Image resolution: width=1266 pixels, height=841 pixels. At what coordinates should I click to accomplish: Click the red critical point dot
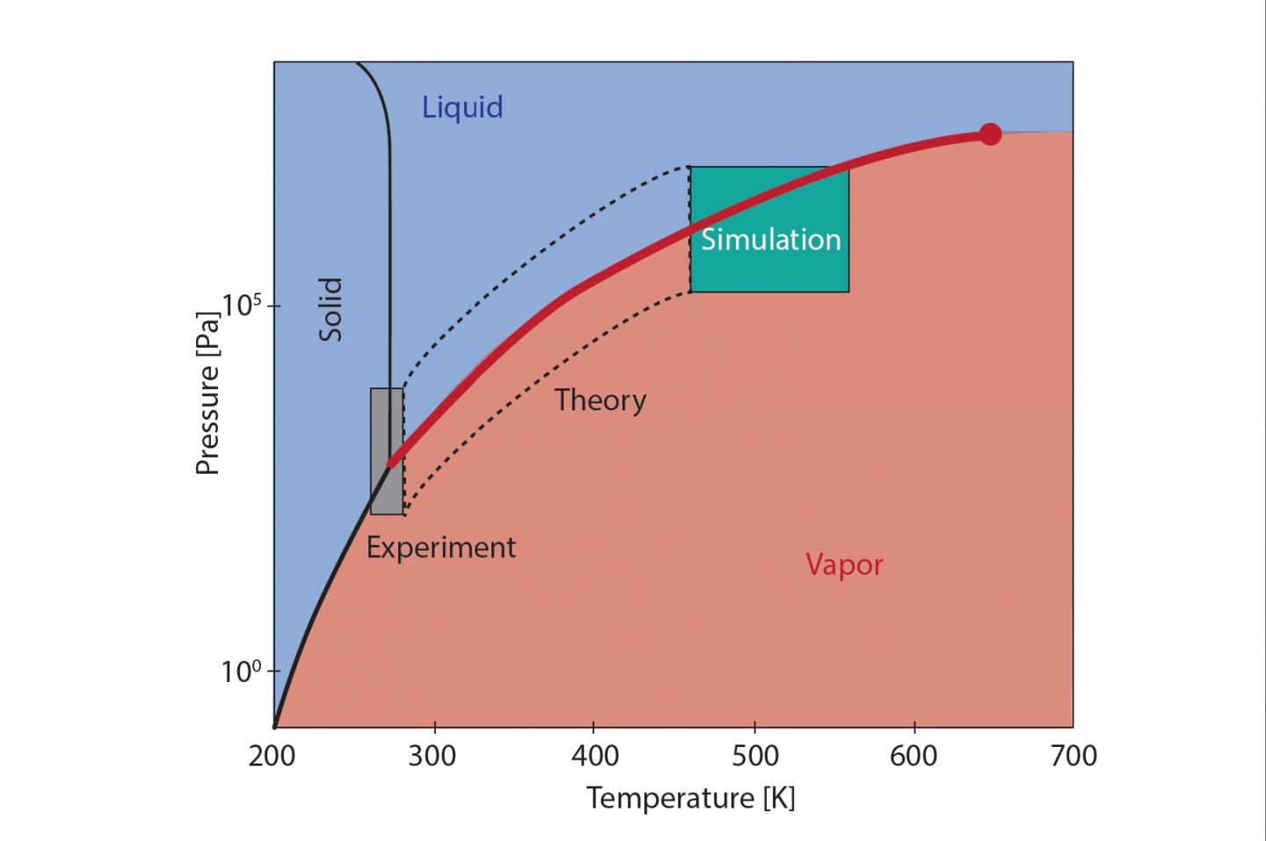pos(990,134)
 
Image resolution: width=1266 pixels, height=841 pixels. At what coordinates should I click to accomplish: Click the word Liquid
pos(462,107)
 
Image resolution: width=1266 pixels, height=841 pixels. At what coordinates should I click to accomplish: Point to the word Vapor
pos(844,564)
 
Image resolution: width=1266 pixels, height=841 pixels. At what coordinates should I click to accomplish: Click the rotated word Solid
pos(331,309)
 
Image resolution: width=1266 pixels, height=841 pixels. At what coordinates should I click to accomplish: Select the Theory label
pos(600,401)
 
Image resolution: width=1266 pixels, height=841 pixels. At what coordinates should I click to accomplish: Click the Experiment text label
pos(440,547)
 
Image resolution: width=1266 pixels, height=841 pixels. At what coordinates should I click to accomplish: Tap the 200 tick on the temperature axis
pos(273,756)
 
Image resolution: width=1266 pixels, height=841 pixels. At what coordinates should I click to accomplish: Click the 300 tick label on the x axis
pos(433,756)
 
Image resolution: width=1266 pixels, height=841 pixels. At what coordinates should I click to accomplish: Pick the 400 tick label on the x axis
pos(593,756)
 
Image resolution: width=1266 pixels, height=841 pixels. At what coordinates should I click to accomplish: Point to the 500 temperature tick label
pos(754,756)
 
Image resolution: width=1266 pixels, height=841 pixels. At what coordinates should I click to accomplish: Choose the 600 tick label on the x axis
pos(914,756)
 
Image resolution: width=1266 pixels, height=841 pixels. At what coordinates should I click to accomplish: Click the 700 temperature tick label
pos(1073,756)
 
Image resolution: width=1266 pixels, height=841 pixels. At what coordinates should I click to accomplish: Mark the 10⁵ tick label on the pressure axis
pos(242,306)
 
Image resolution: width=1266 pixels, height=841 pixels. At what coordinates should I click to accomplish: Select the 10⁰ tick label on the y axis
pos(242,672)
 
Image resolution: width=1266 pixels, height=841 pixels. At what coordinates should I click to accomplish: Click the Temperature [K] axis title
pos(690,798)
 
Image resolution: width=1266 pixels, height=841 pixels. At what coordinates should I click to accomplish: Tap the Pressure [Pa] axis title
pos(207,392)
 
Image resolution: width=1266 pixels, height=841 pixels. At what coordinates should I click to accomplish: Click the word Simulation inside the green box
pos(770,240)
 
